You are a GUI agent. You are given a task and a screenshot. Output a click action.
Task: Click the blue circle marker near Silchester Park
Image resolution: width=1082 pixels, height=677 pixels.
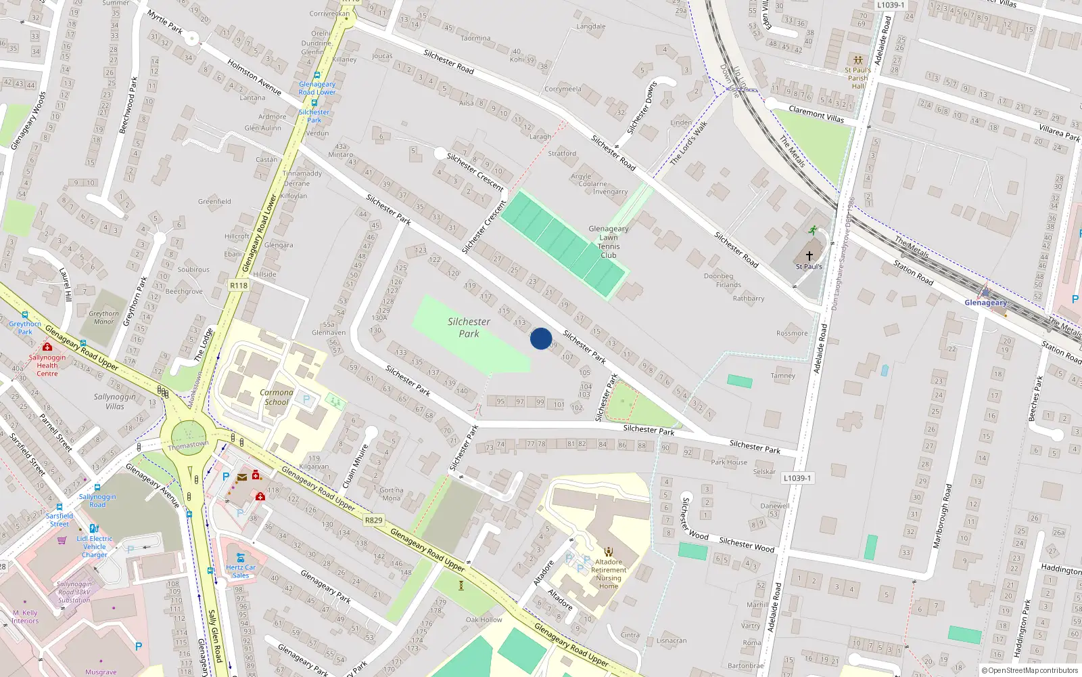540,338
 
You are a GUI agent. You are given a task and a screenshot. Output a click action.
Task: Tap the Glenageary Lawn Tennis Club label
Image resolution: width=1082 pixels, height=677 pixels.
609,242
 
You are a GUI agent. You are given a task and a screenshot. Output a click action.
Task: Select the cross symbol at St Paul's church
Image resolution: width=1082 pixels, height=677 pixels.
809,256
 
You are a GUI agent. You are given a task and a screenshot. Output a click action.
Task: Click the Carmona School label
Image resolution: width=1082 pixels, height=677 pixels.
277,397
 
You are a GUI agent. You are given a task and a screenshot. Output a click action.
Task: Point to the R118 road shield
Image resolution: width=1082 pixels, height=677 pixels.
239,286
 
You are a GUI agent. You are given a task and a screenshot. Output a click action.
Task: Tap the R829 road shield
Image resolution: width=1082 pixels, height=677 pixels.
373,520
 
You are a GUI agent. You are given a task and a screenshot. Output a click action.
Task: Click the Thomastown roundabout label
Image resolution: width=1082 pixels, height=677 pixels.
188,445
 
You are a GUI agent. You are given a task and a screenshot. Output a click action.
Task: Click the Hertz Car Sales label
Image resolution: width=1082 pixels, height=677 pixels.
241,571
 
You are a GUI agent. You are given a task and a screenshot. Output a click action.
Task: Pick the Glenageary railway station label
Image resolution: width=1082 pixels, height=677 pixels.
985,303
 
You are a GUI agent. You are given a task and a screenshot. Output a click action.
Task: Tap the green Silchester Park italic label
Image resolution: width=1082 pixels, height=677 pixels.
469,328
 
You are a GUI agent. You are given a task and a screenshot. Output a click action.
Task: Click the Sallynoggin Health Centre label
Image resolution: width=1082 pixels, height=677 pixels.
47,366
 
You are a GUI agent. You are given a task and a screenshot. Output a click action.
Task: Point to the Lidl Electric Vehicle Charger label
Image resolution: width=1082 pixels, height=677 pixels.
95,546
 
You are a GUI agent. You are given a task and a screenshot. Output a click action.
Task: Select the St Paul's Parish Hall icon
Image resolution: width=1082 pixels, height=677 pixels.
858,60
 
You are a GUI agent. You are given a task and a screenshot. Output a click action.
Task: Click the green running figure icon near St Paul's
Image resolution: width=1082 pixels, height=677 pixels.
812,230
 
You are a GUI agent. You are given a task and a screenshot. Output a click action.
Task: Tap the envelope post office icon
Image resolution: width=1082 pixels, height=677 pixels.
242,477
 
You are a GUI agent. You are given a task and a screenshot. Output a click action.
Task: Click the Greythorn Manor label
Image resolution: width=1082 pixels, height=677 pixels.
103,318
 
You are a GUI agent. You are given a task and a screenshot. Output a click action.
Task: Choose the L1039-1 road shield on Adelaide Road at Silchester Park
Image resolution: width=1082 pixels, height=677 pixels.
797,478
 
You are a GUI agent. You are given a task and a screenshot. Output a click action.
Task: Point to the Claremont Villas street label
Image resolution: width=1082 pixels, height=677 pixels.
816,114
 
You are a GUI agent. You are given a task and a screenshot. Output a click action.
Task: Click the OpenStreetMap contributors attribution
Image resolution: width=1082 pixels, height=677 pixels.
1030,671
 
